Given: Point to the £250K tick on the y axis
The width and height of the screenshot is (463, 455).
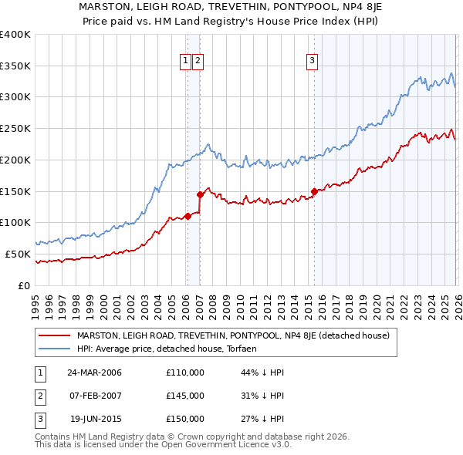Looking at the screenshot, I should coord(15,128).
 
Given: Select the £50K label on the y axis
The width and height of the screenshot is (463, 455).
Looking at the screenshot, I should coord(17,254).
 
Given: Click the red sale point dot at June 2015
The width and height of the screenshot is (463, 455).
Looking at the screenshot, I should coord(314,191).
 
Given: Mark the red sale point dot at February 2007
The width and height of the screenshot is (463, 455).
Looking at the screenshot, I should coord(200,194).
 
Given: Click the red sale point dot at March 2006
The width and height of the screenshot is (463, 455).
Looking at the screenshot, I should coord(188,216).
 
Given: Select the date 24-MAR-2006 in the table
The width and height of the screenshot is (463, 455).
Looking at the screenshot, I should coord(94,372).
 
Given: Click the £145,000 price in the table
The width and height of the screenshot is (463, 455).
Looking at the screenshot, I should coord(185,396).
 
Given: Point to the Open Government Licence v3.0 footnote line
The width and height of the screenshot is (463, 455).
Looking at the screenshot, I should coord(163,445).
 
